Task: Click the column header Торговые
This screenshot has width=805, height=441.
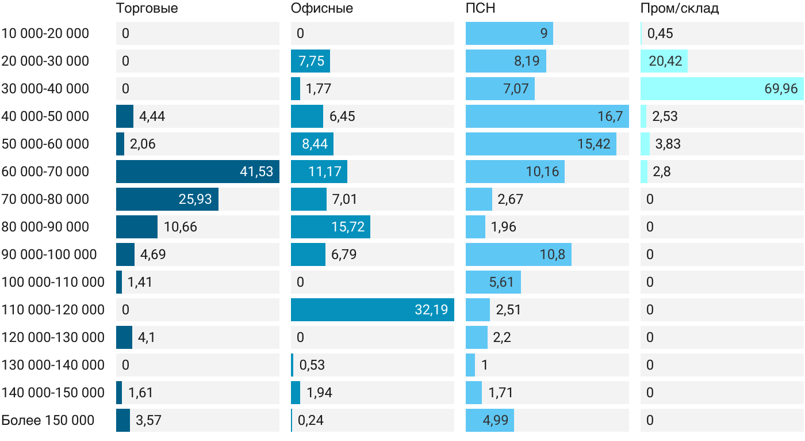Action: [147, 8]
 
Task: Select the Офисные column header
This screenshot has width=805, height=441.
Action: [321, 8]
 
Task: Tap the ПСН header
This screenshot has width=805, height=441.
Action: [481, 8]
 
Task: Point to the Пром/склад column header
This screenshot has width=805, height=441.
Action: [680, 8]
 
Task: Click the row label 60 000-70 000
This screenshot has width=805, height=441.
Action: [45, 172]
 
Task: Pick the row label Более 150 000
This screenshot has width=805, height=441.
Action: [48, 420]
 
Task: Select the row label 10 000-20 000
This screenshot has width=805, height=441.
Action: [45, 33]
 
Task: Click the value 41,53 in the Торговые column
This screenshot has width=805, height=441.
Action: [256, 172]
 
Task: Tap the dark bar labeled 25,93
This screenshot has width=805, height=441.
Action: [167, 199]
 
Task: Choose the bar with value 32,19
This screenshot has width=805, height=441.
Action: [373, 310]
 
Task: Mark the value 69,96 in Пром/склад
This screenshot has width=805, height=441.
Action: [781, 89]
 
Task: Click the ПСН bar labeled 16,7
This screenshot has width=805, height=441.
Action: [547, 116]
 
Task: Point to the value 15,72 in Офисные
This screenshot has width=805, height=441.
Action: [348, 227]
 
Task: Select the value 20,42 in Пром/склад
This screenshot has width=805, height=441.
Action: [665, 61]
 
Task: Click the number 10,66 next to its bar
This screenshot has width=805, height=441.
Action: [181, 227]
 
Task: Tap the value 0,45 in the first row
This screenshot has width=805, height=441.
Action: [660, 33]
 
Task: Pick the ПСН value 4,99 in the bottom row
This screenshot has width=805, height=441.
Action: [496, 420]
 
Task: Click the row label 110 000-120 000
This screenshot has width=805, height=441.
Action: [53, 310]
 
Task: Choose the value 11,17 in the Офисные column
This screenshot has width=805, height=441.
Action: [325, 172]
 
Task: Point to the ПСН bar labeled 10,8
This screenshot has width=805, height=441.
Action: [519, 254]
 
